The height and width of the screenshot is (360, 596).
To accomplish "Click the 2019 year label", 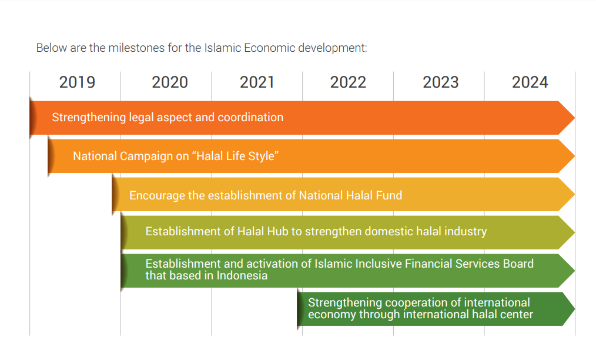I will point(77,82).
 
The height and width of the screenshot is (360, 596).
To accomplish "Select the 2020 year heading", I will point(170,82).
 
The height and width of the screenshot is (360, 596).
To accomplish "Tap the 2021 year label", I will point(257,82).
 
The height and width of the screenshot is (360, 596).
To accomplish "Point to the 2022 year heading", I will point(348,82).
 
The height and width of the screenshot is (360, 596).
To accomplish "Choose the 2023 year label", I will point(440,82).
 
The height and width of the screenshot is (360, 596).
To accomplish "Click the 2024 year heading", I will point(530,82).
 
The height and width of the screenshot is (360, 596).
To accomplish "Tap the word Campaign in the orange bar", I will point(143,156).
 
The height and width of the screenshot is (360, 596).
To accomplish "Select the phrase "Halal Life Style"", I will point(236,156).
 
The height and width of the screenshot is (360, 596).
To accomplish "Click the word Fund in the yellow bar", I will point(390,195).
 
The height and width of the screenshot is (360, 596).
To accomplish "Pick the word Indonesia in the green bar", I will point(242,275).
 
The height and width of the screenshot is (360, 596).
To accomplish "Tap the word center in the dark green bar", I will point(515,314).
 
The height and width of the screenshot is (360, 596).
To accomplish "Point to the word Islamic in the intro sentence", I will point(222,48).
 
